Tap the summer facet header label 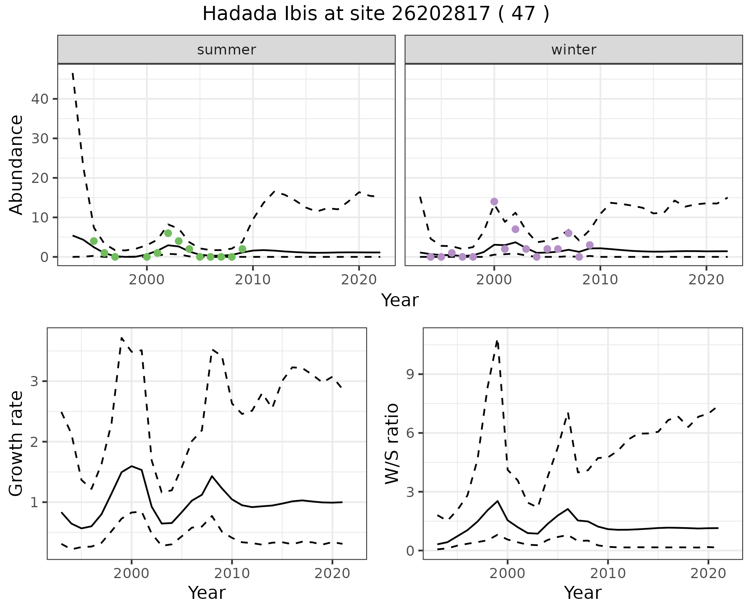(226, 50)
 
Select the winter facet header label (573, 50)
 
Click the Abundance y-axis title (16, 164)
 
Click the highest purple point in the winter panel (494, 202)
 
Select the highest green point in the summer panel (168, 233)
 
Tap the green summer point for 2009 (242, 249)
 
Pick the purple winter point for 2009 (589, 245)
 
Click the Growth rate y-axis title (16, 443)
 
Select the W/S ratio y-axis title (392, 443)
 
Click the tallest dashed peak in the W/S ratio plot (497, 341)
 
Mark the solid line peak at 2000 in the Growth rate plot (132, 466)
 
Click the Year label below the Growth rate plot (207, 593)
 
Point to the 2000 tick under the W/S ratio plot (508, 574)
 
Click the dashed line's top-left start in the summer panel (73, 73)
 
